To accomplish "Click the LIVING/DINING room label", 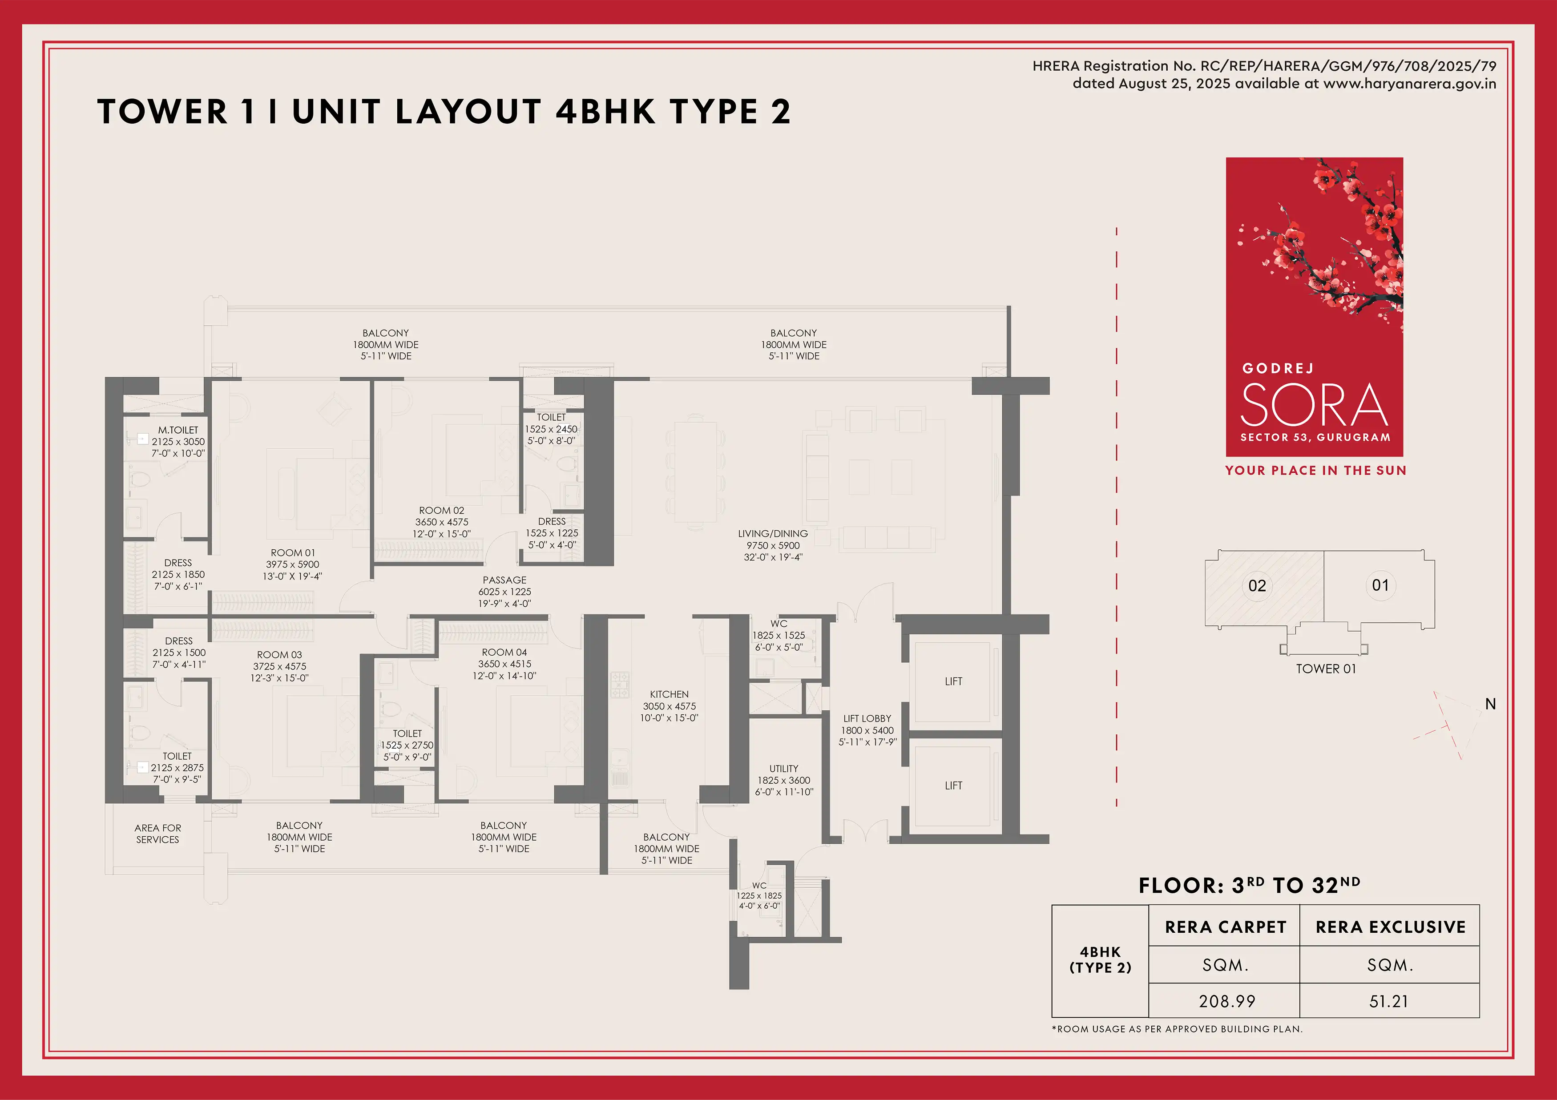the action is coord(773,534).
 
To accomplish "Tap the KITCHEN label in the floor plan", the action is coord(670,694).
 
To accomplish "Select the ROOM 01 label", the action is coord(293,553).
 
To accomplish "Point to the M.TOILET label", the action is coord(178,430).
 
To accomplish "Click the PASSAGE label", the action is coord(504,580).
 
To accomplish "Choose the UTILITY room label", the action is coord(784,768).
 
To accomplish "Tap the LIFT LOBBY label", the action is coord(867,718).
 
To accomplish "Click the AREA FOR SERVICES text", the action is coord(158,834).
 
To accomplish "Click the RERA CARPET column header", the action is coord(1226,927).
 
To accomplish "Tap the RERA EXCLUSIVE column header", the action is coord(1391,927).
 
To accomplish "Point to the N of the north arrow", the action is coord(1491,704).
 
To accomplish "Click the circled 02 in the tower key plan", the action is coord(1257,586).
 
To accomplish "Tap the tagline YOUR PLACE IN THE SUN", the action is coord(1315,471).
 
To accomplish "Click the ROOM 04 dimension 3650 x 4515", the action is coord(504,664).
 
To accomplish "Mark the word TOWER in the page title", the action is coord(163,112).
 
